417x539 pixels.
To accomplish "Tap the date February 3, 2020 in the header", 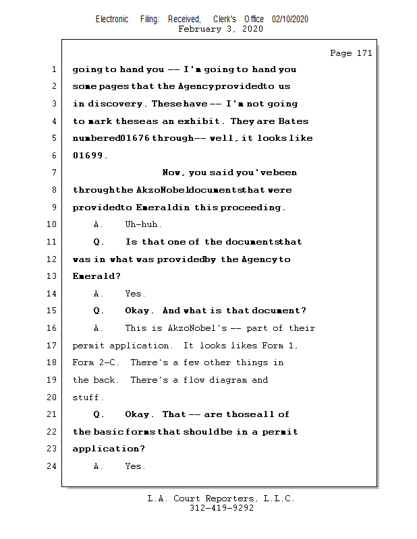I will pyautogui.click(x=221, y=29).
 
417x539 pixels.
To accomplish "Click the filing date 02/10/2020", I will pyautogui.click(x=290, y=20).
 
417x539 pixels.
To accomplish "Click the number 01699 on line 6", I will pyautogui.click(x=88, y=156).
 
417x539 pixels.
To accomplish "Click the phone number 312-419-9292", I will pyautogui.click(x=222, y=509).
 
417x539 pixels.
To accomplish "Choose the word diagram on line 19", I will pyautogui.click(x=228, y=380).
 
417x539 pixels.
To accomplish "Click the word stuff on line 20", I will pyautogui.click(x=87, y=398).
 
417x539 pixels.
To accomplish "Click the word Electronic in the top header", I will pyautogui.click(x=112, y=20).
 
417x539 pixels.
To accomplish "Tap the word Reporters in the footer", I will pyautogui.click(x=226, y=499).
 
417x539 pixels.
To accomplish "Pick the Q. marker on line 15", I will pyautogui.click(x=99, y=311).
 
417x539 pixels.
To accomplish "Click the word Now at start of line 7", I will pyautogui.click(x=173, y=173).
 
